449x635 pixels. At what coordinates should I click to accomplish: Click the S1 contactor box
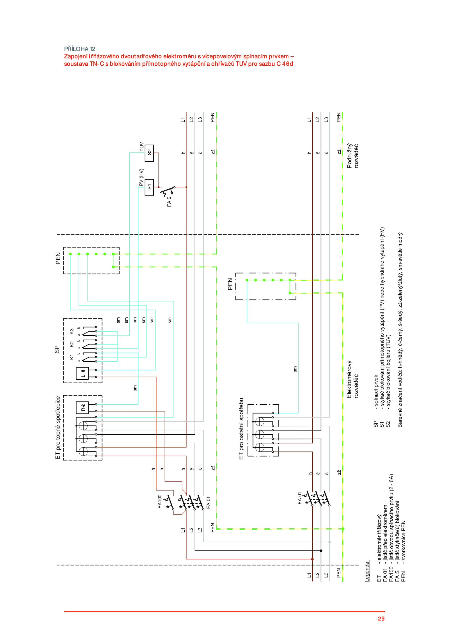(x=149, y=187)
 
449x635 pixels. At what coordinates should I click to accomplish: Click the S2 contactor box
(x=149, y=153)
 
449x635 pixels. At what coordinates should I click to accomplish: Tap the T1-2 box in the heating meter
(x=83, y=407)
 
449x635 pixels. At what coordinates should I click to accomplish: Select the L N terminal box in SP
(x=83, y=373)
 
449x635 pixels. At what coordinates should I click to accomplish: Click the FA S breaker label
(x=169, y=201)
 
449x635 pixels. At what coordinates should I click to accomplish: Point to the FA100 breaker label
(x=159, y=501)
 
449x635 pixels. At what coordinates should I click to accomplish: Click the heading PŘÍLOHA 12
(x=80, y=49)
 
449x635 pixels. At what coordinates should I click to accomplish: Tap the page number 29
(x=381, y=618)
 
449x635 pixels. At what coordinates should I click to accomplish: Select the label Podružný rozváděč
(x=352, y=156)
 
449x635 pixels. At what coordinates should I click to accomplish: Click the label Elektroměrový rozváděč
(x=352, y=379)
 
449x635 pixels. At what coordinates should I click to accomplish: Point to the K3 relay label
(x=72, y=331)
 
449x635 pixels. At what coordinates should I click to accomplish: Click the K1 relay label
(x=72, y=357)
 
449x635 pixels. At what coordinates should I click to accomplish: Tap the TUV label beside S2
(x=141, y=147)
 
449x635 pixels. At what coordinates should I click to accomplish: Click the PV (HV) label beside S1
(x=141, y=177)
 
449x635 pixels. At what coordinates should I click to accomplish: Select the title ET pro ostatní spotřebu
(x=241, y=429)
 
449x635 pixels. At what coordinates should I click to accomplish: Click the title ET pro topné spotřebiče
(x=58, y=428)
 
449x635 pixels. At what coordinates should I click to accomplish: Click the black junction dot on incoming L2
(x=321, y=551)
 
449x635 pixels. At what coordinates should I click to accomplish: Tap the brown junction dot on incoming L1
(x=312, y=559)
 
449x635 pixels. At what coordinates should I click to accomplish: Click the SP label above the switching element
(x=57, y=349)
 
